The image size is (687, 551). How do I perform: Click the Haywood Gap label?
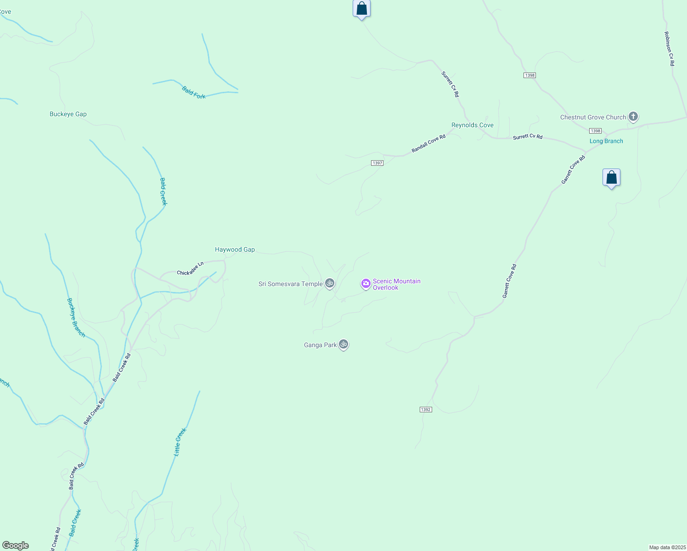[x=235, y=250]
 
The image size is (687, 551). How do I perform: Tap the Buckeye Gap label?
[x=68, y=114]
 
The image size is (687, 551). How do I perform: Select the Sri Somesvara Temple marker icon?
[x=330, y=283]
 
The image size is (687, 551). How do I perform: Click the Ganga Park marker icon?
[x=343, y=344]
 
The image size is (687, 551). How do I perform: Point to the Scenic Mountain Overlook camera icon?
[x=366, y=284]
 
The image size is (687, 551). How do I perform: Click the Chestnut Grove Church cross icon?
[x=633, y=117]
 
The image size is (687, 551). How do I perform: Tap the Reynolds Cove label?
[x=472, y=125]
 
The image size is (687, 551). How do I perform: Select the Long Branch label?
[x=606, y=141]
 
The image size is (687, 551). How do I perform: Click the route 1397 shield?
[x=377, y=163]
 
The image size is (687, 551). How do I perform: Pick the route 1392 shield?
[x=426, y=410]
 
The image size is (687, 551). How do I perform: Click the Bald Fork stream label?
[x=194, y=93]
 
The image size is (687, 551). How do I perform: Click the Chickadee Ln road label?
[x=190, y=269]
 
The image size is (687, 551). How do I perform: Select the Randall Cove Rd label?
[x=428, y=144]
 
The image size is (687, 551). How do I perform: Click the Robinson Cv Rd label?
[x=669, y=49]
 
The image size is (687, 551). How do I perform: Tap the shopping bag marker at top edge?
[x=361, y=9]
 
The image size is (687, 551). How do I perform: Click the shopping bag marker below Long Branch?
[x=611, y=178]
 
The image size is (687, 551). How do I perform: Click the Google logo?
[x=16, y=545]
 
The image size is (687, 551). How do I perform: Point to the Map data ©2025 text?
[x=667, y=547]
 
